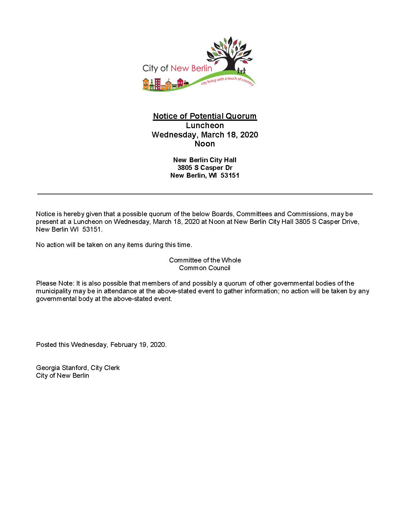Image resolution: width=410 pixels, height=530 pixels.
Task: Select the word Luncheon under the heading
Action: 205,125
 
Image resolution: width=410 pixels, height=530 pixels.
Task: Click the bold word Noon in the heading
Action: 205,144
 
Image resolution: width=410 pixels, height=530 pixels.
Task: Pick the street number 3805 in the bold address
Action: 185,168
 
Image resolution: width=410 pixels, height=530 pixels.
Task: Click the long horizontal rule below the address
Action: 205,194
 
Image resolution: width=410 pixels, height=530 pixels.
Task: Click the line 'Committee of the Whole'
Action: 205,260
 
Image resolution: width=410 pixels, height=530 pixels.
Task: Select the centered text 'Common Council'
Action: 205,268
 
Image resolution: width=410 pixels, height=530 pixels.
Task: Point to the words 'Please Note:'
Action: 55,283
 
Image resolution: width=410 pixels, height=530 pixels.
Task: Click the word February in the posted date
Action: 124,345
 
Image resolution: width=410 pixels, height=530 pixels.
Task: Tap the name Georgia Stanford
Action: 61,368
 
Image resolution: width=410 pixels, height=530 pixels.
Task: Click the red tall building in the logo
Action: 158,84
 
